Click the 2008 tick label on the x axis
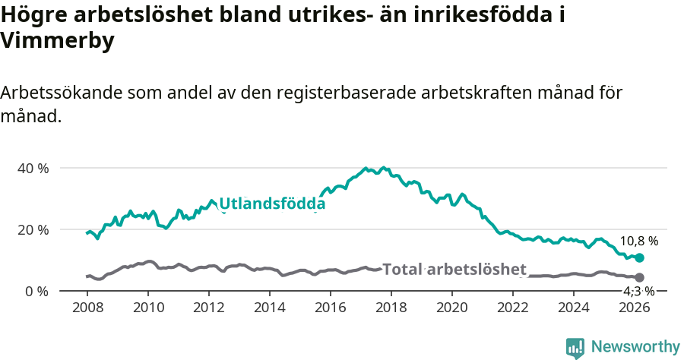[87, 308]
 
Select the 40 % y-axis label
[33, 168]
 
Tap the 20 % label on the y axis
[33, 229]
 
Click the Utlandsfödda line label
[271, 204]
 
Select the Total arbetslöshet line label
[454, 269]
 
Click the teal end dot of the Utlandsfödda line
[639, 258]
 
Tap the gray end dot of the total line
[639, 278]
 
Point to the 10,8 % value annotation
[639, 241]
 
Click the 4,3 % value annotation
[638, 291]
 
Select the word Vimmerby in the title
[58, 41]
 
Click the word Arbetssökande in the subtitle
[60, 93]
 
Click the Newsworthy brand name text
[635, 347]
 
